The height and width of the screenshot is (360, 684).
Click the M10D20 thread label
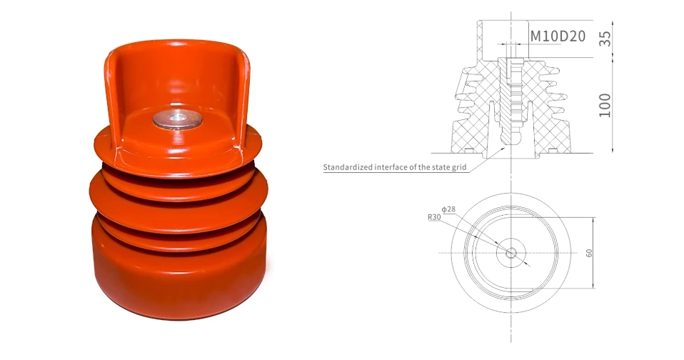[x=558, y=34]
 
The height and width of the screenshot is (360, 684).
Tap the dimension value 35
[x=605, y=38]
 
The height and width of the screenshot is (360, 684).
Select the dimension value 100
[x=605, y=104]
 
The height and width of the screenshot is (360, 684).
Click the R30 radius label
[x=434, y=216]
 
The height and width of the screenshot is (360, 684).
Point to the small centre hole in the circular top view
[x=511, y=253]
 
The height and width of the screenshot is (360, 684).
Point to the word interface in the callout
[x=401, y=169]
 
